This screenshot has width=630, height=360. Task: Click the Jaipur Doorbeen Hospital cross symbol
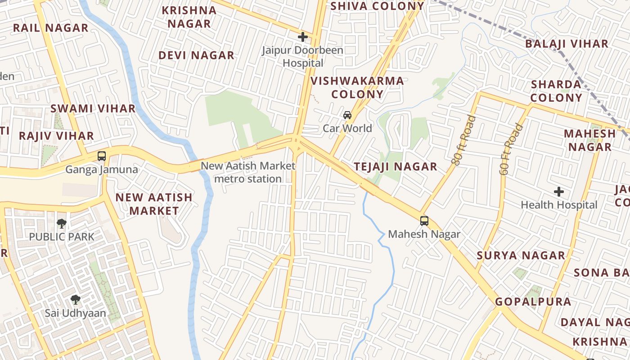tap(303, 36)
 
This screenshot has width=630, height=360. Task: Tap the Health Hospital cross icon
tap(559, 192)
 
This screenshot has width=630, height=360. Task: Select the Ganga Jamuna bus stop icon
tap(102, 156)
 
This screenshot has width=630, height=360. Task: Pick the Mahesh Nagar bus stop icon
tap(424, 221)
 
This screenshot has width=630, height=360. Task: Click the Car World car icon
tap(347, 115)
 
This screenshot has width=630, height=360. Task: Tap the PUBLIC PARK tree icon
tap(61, 223)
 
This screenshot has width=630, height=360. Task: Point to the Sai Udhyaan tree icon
tap(75, 299)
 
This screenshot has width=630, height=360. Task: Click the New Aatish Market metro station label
tap(248, 172)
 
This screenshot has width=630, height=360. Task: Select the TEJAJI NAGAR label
tap(396, 166)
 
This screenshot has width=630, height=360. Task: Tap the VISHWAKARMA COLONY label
tap(357, 87)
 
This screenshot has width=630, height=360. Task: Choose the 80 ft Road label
tap(464, 140)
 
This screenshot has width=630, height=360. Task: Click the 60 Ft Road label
tap(511, 149)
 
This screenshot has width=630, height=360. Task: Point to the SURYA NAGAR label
tap(521, 256)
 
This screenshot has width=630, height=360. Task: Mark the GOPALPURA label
tap(533, 301)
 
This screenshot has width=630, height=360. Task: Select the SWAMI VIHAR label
tap(93, 108)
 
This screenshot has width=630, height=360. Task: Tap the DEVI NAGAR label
tap(196, 55)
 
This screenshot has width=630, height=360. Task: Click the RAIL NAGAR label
tap(50, 28)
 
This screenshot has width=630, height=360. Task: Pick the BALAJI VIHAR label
tap(567, 44)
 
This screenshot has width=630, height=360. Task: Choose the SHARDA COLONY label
tap(556, 91)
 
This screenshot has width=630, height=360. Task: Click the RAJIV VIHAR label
tap(56, 136)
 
